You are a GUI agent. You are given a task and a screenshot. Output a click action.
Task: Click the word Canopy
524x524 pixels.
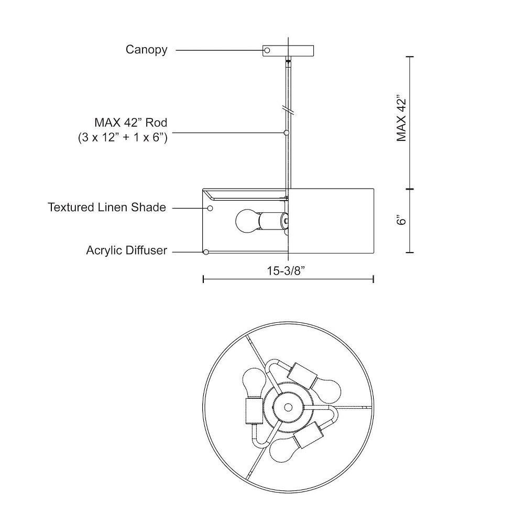(146, 50)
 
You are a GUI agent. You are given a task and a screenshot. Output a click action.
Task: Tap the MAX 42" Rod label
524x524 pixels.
(130, 123)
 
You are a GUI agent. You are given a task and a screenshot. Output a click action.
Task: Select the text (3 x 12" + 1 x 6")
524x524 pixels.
(123, 137)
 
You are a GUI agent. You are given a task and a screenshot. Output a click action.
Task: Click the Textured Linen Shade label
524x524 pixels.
(106, 207)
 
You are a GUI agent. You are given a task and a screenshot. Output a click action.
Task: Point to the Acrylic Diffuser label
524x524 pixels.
(126, 250)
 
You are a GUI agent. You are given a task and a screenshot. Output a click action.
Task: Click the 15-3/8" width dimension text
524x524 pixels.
(286, 271)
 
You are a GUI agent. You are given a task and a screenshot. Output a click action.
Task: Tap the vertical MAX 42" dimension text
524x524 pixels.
(401, 119)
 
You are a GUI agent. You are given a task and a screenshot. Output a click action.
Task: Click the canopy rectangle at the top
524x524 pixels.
(288, 50)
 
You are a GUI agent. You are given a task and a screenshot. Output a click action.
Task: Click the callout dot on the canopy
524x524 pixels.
(267, 50)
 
